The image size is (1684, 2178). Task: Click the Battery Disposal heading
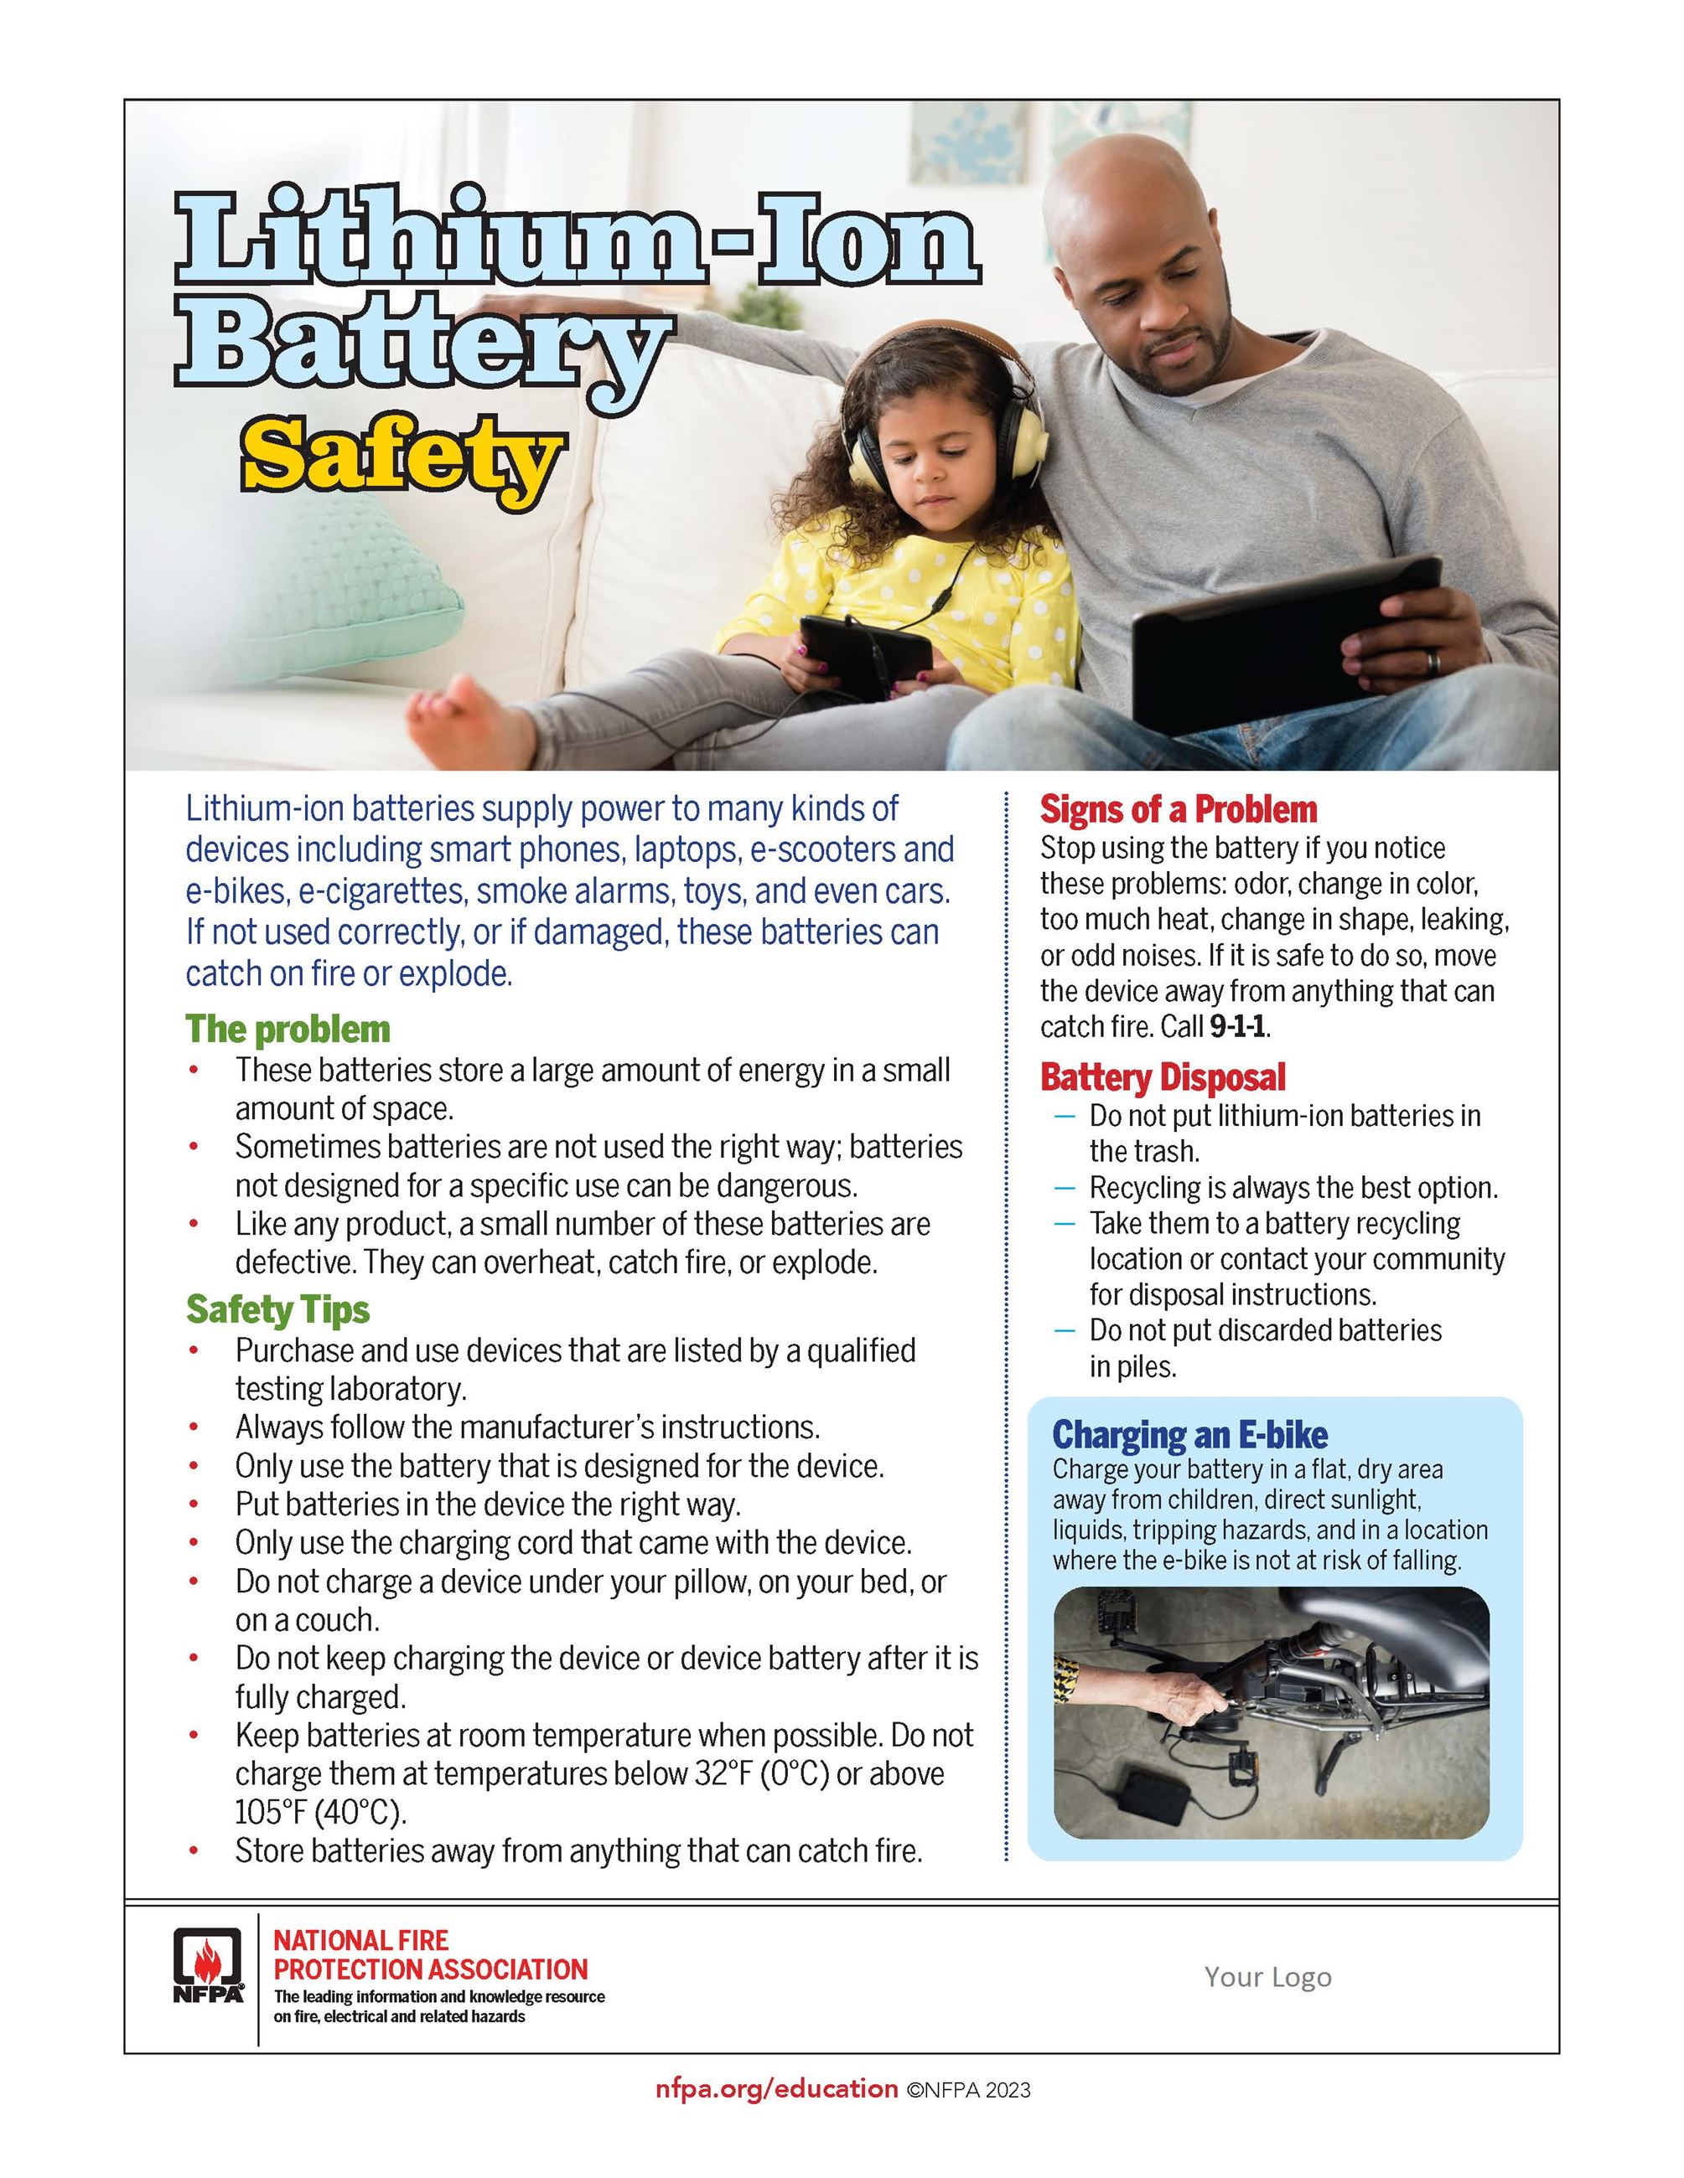pyautogui.click(x=1163, y=1077)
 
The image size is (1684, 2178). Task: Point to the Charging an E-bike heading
pyautogui.click(x=1189, y=1435)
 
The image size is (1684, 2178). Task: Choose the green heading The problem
pyautogui.click(x=288, y=1030)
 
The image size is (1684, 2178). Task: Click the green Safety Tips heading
pyautogui.click(x=277, y=1309)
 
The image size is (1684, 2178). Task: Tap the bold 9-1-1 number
pyautogui.click(x=1238, y=1026)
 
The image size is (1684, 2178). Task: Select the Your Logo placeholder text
pyautogui.click(x=1267, y=1977)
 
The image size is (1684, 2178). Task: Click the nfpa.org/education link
pyautogui.click(x=776, y=2089)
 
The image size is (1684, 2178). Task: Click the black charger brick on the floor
pyautogui.click(x=1158, y=1795)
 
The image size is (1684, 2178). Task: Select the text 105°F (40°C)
pyautogui.click(x=320, y=1812)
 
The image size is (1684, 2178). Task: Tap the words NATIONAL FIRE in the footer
pyautogui.click(x=360, y=1942)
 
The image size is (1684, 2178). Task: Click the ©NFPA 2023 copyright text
pyautogui.click(x=967, y=2090)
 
